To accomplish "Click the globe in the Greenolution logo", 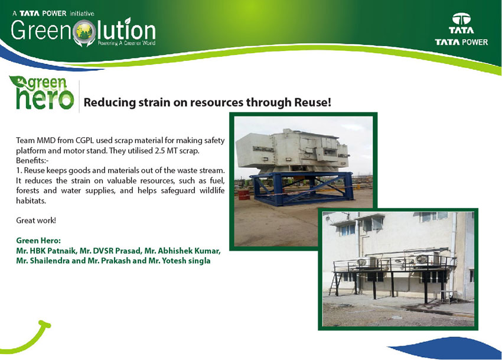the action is pos(84,32).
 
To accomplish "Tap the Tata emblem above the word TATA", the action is pos(461,19).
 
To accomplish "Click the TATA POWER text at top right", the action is pos(461,42).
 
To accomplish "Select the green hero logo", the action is pos(41,92).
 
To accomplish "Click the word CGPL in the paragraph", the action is pos(84,141).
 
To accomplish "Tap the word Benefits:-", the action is pos(32,160).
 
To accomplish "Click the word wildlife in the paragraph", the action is pos(212,190).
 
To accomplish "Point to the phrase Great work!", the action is pos(36,220).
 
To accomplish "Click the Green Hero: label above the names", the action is pos(38,241).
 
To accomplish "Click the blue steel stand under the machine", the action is pos(302,189).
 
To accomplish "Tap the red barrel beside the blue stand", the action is pos(244,194).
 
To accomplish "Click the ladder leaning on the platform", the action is pos(334,284).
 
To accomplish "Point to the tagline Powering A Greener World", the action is pos(126,43).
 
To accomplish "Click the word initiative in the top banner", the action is pos(82,14).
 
